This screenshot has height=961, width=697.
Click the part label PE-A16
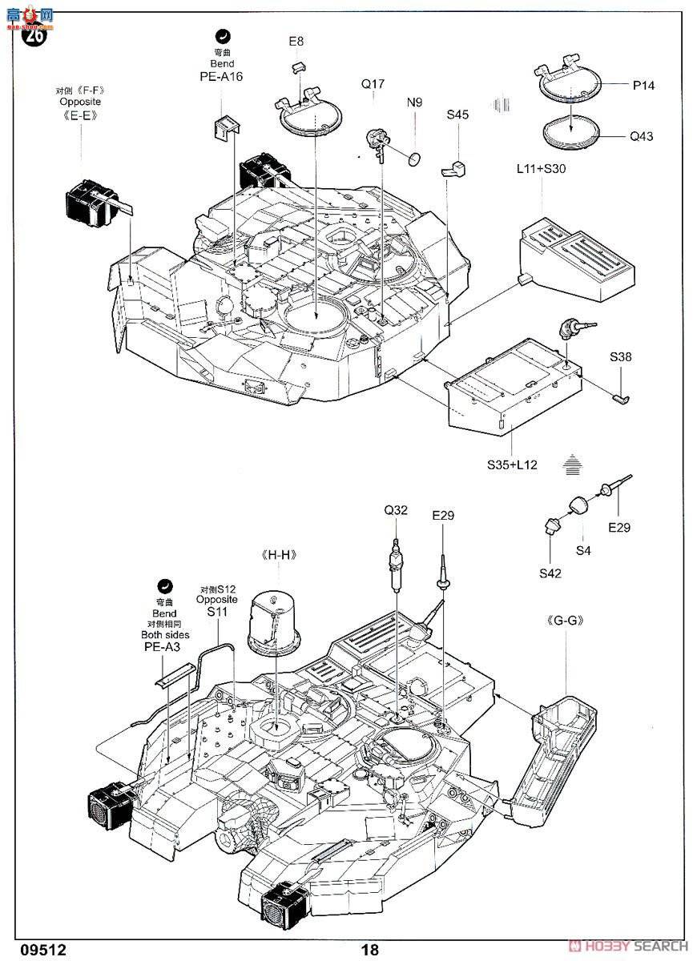(221, 77)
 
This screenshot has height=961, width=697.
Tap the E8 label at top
(296, 41)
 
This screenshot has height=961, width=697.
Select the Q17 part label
(373, 83)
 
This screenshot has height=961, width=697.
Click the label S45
(457, 115)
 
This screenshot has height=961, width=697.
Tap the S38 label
(620, 357)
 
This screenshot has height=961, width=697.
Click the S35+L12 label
(511, 464)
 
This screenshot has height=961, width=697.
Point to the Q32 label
(396, 509)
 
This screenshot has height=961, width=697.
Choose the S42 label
(550, 573)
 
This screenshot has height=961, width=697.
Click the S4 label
(583, 550)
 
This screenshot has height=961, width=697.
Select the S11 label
(217, 611)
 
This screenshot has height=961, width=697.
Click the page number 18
(369, 950)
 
